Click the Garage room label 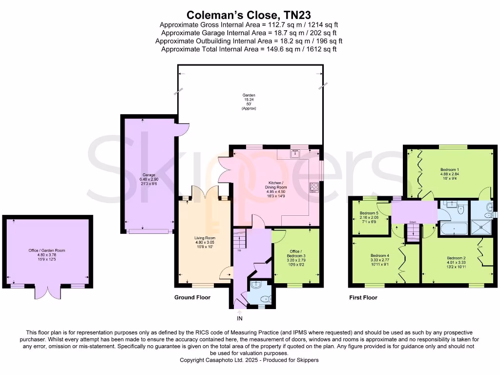[148, 175]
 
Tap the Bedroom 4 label [379, 256]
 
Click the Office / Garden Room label [46, 250]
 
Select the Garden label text [249, 95]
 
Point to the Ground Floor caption [192, 297]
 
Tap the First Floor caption [363, 297]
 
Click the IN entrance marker [239, 318]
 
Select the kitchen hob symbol [313, 187]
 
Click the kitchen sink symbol [295, 154]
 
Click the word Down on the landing [413, 221]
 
